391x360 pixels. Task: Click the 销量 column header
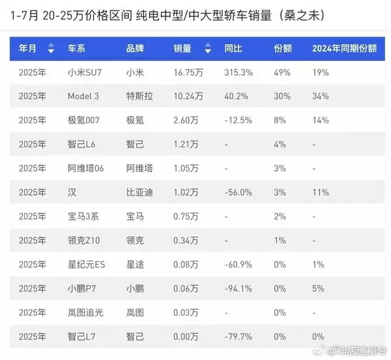(182, 48)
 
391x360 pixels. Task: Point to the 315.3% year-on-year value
(239, 72)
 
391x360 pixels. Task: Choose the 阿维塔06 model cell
(86, 168)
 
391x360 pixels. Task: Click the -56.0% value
(239, 192)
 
